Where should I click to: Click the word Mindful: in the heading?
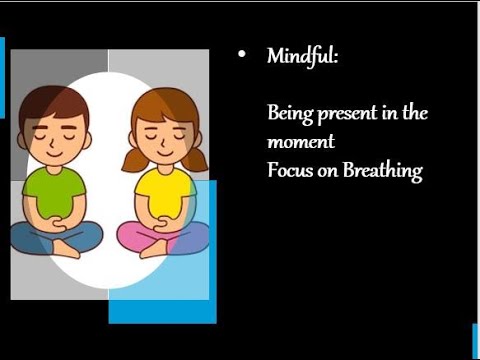click(302, 56)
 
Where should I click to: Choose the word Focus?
click(289, 170)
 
